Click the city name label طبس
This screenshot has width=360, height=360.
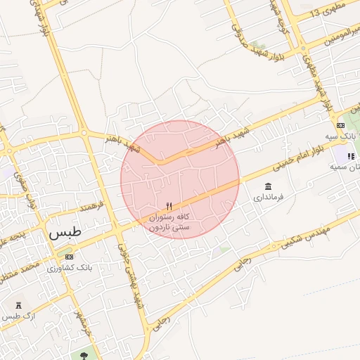click(x=65, y=232)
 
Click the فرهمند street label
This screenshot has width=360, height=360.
click(x=91, y=207)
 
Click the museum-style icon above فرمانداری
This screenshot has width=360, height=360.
click(x=268, y=186)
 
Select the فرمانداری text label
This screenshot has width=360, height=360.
click(x=268, y=198)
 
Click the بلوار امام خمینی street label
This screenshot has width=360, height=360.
click(x=301, y=159)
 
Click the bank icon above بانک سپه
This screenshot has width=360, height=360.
click(x=340, y=125)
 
